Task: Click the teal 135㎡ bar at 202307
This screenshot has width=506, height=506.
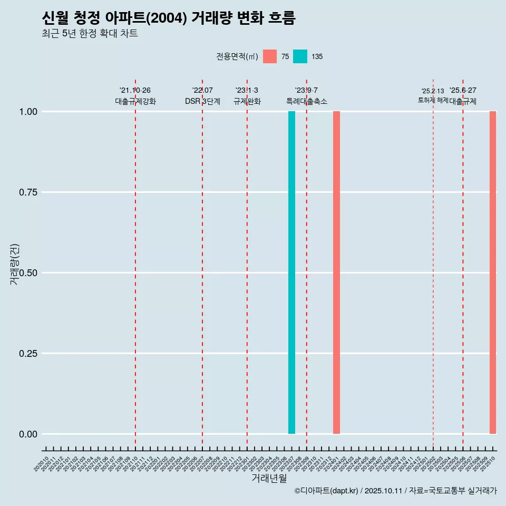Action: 291,273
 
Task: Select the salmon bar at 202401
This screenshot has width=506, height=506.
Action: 336,273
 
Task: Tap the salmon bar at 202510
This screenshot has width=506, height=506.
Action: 493,273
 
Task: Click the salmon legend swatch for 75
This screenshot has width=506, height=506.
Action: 270,56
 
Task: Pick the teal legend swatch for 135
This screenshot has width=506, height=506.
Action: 300,56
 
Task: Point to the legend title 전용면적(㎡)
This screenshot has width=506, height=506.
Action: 237,56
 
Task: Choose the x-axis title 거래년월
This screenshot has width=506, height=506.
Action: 269,478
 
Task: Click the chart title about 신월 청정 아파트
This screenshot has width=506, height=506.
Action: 169,18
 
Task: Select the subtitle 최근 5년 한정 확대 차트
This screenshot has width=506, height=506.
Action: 90,34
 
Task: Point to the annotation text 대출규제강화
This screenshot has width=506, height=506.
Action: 135,101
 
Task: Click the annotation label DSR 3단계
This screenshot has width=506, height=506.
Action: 202,101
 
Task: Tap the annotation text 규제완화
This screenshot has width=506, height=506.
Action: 247,101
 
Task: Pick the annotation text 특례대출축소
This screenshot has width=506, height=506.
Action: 307,101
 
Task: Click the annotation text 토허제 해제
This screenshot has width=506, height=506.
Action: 433,100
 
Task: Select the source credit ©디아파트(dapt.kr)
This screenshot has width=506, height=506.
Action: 327,491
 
